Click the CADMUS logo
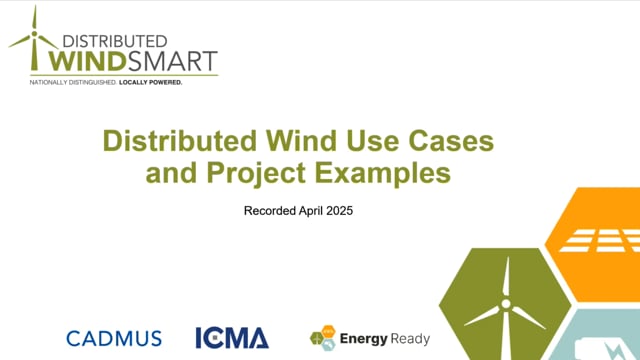(114, 338)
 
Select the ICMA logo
(232, 338)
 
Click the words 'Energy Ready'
(379, 338)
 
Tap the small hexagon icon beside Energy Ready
(323, 338)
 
